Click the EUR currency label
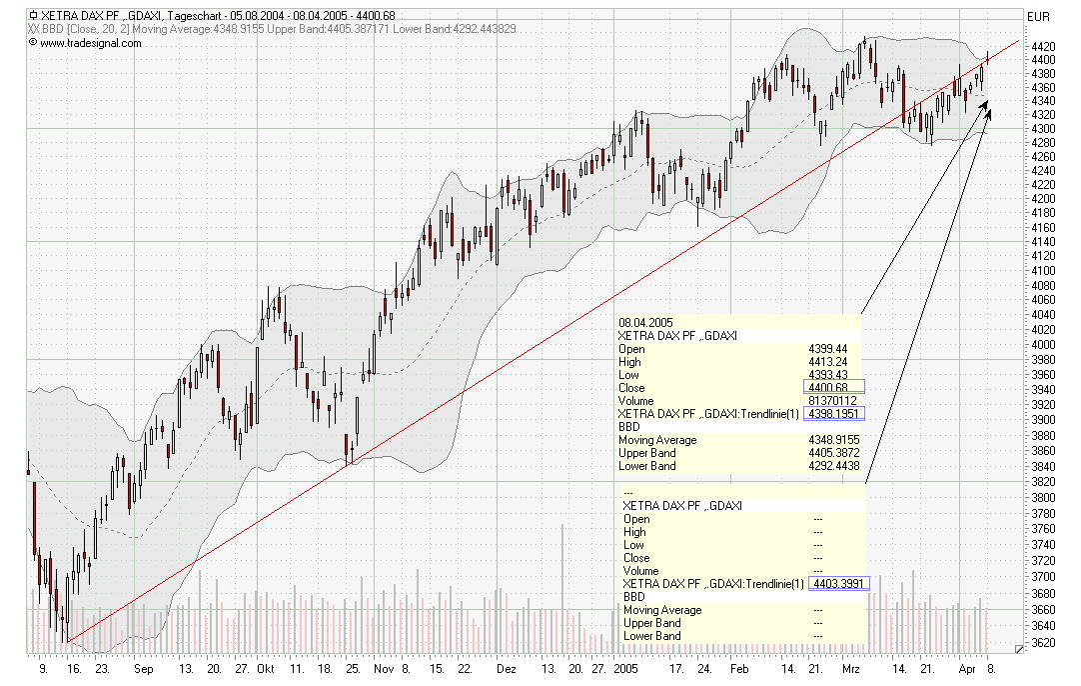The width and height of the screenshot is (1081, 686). [1039, 16]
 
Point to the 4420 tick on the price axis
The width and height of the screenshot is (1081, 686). [1043, 46]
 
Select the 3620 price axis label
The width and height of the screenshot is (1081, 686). [1043, 642]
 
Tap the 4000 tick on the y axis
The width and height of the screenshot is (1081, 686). [1043, 345]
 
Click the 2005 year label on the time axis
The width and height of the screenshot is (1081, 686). [625, 667]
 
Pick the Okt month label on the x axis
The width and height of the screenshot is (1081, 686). [265, 667]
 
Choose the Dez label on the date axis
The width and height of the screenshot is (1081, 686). [507, 667]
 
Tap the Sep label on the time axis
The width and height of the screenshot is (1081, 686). [142, 667]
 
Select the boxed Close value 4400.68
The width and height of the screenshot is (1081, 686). [833, 387]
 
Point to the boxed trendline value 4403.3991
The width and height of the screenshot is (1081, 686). [841, 583]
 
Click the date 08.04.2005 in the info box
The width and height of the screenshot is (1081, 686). [645, 322]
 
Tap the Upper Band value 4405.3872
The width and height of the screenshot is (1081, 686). [832, 453]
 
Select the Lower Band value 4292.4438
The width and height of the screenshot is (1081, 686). [832, 466]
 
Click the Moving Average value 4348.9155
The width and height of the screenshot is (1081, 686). [832, 440]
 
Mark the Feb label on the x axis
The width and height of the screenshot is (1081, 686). [738, 667]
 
